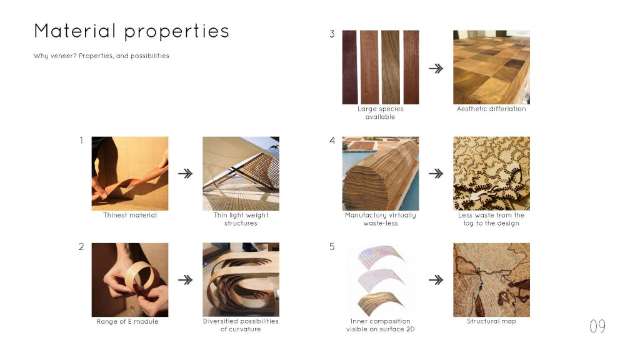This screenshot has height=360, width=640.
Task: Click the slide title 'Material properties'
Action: point(131,31)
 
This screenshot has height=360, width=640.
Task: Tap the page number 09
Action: point(597,326)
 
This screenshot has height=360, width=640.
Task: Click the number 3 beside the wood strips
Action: point(332,34)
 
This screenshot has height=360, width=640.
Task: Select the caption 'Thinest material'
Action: point(130,215)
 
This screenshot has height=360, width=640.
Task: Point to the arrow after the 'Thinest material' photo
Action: point(185,174)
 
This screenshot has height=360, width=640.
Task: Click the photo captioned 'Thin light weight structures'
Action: point(241,174)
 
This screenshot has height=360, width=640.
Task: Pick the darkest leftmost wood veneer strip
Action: point(350,67)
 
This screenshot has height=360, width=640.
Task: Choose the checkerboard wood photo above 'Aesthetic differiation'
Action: point(491,67)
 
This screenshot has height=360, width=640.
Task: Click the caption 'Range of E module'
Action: point(127,321)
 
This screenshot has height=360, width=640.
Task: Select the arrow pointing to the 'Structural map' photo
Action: point(436,280)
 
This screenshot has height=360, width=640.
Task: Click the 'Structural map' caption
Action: point(491,321)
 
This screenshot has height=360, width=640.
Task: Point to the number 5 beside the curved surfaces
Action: point(332,246)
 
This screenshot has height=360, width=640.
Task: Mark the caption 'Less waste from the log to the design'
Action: point(491,219)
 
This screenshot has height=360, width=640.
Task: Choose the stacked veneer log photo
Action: point(381,174)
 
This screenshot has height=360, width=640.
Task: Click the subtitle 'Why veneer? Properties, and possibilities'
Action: point(101,56)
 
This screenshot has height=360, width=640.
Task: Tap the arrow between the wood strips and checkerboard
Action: point(436,68)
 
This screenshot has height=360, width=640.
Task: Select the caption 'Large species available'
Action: point(381,112)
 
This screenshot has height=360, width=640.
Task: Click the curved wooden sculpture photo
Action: point(241,279)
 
